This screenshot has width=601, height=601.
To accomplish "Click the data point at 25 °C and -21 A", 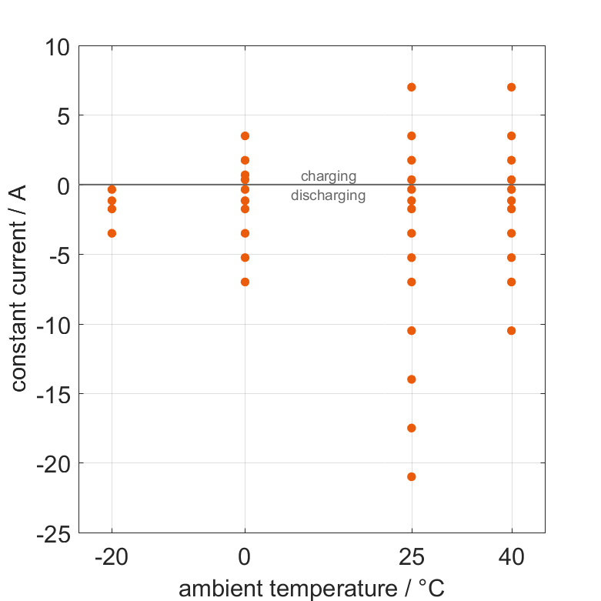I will [x=412, y=476].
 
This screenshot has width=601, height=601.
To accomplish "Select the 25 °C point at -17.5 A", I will [x=412, y=428].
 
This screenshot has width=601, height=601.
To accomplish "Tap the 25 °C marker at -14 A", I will [x=412, y=379].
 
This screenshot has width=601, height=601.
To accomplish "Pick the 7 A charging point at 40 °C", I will [x=511, y=87].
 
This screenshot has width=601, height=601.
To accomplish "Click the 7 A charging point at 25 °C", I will [x=412, y=87].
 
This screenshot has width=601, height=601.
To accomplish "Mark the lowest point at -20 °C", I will [x=112, y=233].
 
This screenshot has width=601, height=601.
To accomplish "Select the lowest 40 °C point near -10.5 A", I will [x=511, y=331].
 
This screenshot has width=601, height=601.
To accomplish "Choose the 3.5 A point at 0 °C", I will [x=245, y=136].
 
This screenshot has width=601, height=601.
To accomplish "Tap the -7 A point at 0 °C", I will [x=245, y=282].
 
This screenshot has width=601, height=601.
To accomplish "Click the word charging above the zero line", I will [x=329, y=176].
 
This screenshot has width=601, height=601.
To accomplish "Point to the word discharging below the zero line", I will [x=328, y=195].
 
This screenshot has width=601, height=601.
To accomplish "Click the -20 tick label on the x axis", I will [x=112, y=557].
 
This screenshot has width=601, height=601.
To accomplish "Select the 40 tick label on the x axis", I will [x=511, y=557].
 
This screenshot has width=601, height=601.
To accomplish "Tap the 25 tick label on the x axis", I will [x=412, y=557].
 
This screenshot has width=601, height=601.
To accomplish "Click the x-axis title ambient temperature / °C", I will [x=312, y=589].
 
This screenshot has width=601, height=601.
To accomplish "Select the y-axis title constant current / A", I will [x=19, y=289].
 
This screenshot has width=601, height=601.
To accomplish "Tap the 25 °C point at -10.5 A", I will [x=412, y=331].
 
